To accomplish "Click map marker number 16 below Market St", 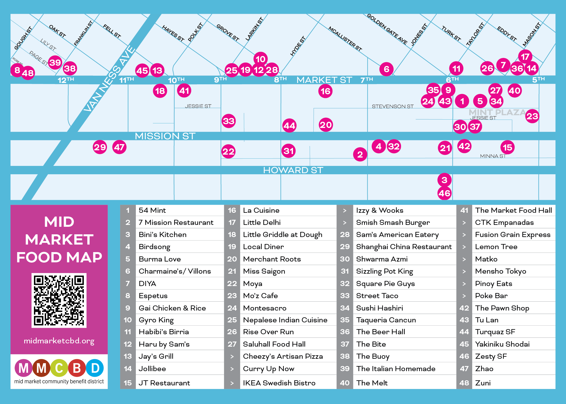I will [x=325, y=91].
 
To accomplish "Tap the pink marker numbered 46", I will [x=444, y=193].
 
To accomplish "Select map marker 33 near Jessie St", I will [x=229, y=121].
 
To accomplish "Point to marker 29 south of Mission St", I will [x=100, y=147].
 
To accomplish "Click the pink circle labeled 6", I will [x=386, y=69].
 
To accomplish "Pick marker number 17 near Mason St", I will [x=525, y=57].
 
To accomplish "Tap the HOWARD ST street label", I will [x=293, y=170].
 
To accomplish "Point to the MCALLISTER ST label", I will [x=345, y=39].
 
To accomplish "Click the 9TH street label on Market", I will [x=220, y=80].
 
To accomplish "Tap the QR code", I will [x=59, y=300].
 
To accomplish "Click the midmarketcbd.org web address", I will [x=59, y=341].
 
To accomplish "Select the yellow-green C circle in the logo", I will [x=59, y=368].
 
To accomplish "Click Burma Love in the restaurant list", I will [x=160, y=259].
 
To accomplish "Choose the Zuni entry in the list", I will [x=483, y=383].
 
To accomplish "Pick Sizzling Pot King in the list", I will [x=384, y=271].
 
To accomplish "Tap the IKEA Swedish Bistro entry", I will [x=279, y=383].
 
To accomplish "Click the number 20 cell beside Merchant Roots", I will [x=232, y=259].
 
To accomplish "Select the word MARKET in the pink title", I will [x=59, y=240].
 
